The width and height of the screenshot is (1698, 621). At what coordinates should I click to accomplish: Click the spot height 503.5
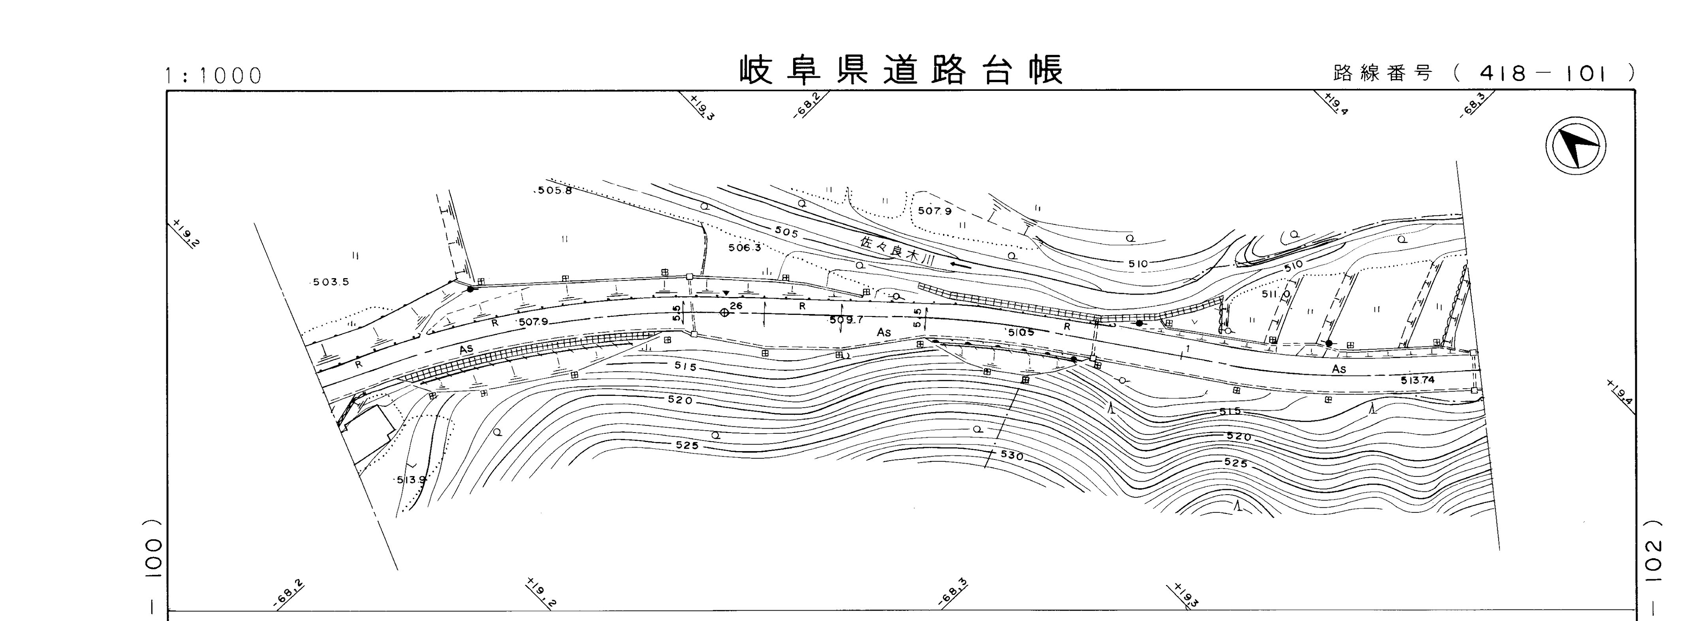click(x=330, y=282)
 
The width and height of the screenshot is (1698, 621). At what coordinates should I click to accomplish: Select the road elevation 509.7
click(x=846, y=320)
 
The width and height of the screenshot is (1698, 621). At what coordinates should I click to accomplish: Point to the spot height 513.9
click(x=411, y=479)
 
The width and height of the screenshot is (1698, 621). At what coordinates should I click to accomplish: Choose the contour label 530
click(x=1012, y=455)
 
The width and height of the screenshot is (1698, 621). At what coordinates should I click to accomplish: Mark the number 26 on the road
click(x=736, y=306)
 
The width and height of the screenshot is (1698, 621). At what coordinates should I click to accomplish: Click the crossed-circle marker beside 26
click(x=724, y=312)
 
